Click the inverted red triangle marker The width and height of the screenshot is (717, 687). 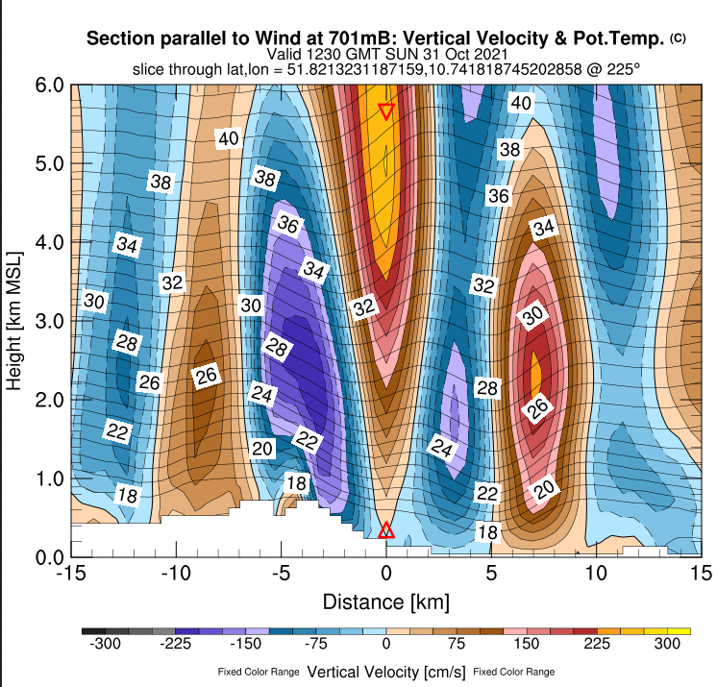coord(386,110)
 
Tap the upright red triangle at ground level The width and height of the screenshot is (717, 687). coord(386,530)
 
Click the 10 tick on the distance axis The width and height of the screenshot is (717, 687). coord(597,574)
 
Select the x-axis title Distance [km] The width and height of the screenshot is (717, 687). coord(385,602)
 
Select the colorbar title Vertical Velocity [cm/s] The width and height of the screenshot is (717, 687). coord(386,670)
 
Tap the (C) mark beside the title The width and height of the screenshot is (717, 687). coord(678,37)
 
